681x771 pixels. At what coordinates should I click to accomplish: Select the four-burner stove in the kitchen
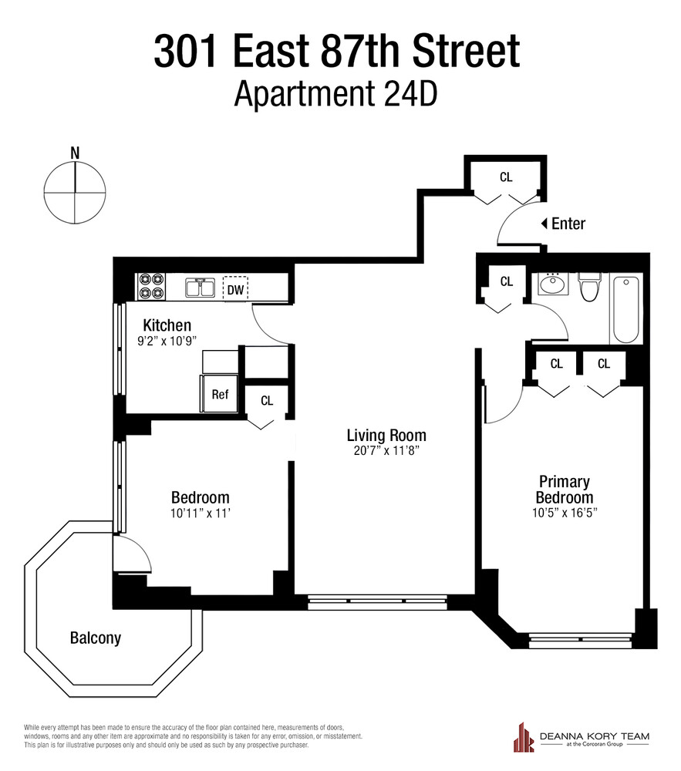[x=150, y=288]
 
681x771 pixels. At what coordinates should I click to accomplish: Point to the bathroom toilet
[x=590, y=289]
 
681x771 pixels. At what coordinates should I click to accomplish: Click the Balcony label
[x=95, y=638]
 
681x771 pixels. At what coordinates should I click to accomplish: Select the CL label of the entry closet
[x=506, y=177]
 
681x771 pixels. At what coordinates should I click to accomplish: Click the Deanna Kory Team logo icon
[x=526, y=737]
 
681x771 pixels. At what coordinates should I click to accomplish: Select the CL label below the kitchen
[x=267, y=401]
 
